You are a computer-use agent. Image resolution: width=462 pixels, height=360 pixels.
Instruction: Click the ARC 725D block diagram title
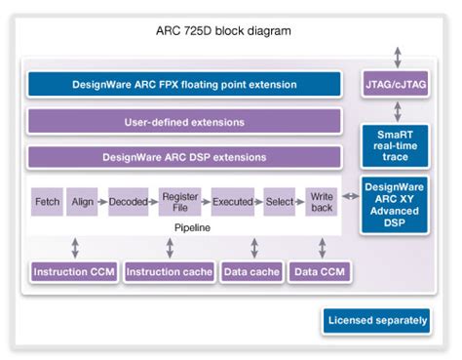point(231,30)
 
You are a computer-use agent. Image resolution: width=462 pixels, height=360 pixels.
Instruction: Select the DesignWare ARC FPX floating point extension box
point(184,85)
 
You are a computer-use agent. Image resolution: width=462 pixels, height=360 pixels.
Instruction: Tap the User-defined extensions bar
point(184,122)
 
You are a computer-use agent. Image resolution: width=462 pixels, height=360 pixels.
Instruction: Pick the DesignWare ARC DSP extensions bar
point(184,157)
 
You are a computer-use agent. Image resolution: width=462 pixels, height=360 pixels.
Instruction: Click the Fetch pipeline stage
point(47,202)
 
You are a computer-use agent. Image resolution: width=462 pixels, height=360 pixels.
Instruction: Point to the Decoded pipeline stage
point(127,202)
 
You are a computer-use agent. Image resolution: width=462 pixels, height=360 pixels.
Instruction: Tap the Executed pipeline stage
point(232,202)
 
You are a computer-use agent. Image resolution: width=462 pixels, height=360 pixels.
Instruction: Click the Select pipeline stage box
point(280,202)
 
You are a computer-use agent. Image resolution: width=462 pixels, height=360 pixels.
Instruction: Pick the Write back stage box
point(320,202)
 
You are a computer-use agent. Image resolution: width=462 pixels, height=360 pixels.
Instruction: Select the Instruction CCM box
point(73,271)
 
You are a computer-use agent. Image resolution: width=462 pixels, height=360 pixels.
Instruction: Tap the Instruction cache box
point(170,271)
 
